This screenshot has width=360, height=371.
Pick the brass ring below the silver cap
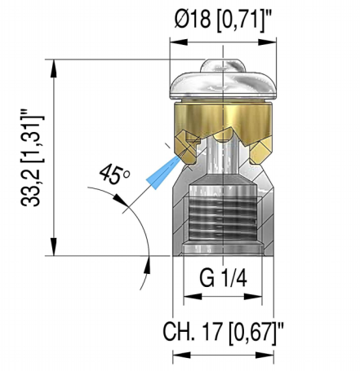coord(222,122)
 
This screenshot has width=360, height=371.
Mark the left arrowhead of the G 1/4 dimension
coord(189,297)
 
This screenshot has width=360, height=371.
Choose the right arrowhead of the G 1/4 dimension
coord(256,297)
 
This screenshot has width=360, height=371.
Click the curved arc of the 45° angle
coord(143,228)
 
